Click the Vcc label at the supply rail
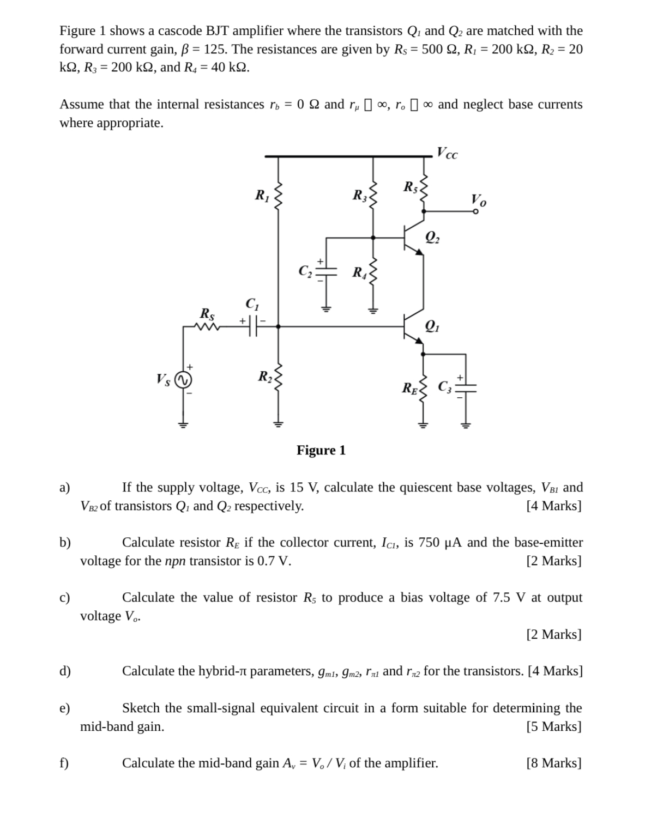[x=448, y=153]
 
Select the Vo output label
[x=479, y=200]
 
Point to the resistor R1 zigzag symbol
[x=278, y=196]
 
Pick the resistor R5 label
[x=410, y=187]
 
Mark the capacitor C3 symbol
[x=466, y=388]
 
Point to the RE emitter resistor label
[x=409, y=389]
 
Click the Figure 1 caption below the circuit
[x=321, y=450]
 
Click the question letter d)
[x=65, y=671]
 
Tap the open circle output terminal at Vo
[x=475, y=211]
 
